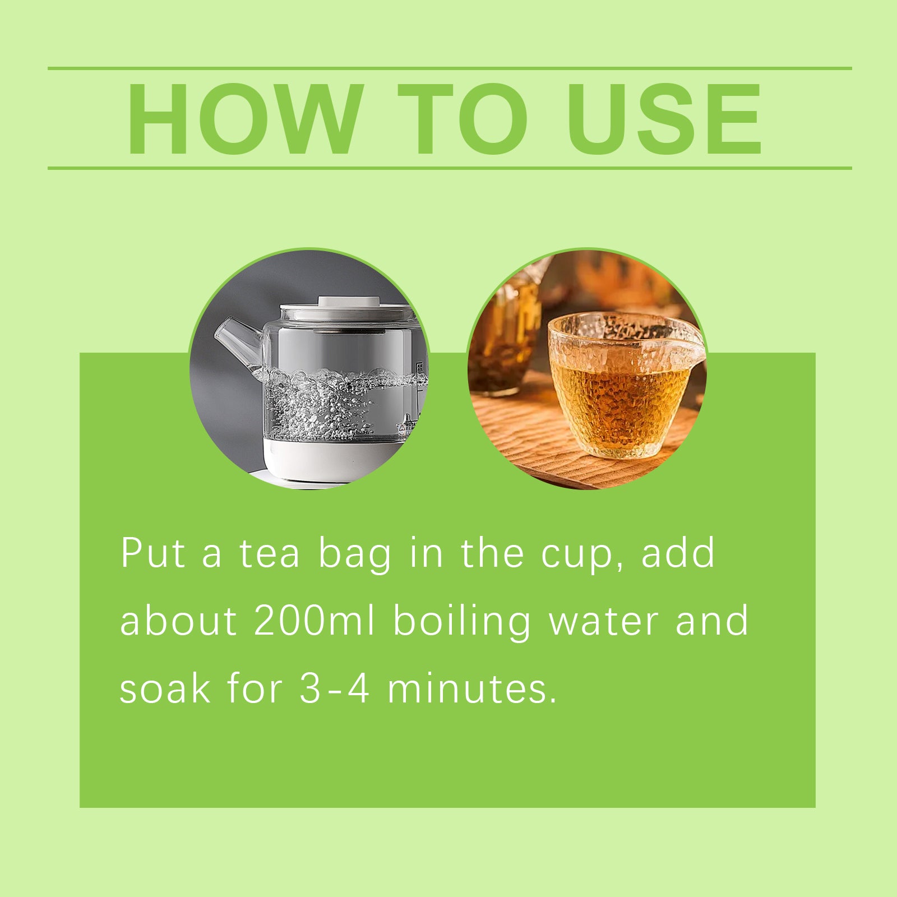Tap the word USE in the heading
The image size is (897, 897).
pos(665,118)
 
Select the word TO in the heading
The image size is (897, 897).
pos(463,118)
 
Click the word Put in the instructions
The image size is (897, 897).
pos(153,553)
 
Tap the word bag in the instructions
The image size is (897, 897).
pos(354,555)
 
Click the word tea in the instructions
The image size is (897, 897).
pos(270,554)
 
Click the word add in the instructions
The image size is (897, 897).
pos(678,553)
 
